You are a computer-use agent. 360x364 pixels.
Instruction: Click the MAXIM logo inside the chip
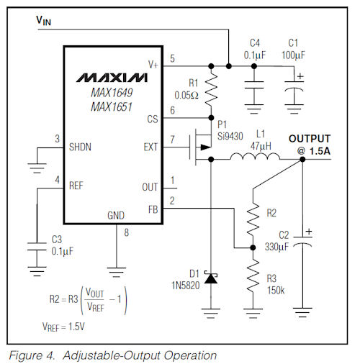(x=112, y=78)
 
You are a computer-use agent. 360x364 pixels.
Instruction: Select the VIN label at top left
(x=43, y=21)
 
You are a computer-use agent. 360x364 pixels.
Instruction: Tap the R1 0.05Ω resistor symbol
(x=211, y=89)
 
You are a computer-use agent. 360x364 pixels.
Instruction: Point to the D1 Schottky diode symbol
(x=211, y=278)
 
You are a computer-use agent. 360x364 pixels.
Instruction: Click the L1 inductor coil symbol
(x=255, y=156)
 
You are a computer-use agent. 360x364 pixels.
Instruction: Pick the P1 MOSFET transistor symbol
(x=200, y=147)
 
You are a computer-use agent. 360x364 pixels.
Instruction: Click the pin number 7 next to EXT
(x=172, y=140)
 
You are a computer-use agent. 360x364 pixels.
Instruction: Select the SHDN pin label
(x=80, y=147)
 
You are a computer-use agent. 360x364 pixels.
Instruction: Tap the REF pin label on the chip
(x=76, y=186)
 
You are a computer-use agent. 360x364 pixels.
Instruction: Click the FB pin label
(x=153, y=210)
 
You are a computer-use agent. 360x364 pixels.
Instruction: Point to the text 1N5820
(x=186, y=286)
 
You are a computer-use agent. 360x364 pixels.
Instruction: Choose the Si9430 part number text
(x=230, y=137)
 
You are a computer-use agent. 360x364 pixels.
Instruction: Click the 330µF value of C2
(x=276, y=247)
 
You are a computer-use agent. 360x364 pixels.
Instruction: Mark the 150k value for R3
(x=276, y=291)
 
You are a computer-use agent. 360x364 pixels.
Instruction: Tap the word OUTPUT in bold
(x=310, y=139)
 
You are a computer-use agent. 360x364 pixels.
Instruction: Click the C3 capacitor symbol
(x=37, y=247)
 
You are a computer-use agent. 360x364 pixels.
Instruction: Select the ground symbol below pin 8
(x=117, y=272)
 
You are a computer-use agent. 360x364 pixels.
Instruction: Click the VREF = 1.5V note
(x=63, y=327)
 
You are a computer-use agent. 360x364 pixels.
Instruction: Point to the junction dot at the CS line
(x=211, y=118)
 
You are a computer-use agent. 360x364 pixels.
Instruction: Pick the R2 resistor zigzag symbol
(x=253, y=219)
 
